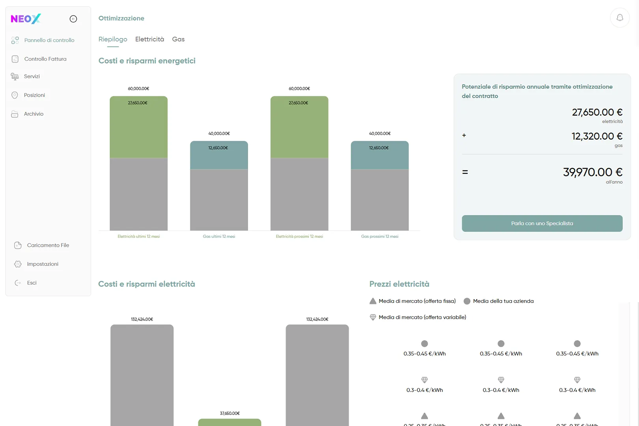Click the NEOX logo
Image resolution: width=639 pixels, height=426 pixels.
(x=26, y=19)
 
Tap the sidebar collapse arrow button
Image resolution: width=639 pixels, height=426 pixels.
(x=73, y=19)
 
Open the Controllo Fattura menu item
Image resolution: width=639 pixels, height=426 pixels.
(x=45, y=59)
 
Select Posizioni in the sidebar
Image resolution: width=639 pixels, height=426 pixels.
(x=34, y=95)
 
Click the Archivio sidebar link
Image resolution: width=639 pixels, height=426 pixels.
(x=34, y=114)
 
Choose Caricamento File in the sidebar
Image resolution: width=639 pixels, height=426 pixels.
(x=48, y=245)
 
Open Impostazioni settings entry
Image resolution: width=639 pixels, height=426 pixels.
(x=43, y=264)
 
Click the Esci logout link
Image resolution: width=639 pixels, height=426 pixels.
(x=32, y=283)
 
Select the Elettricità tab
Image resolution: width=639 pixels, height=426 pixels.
(x=149, y=39)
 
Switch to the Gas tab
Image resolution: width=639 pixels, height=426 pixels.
(x=178, y=39)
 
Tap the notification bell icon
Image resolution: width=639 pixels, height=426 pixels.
(x=620, y=18)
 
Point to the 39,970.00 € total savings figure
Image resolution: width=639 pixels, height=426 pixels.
(x=592, y=172)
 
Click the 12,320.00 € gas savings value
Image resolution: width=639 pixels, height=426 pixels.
(x=597, y=136)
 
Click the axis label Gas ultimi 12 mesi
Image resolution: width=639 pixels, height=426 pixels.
(x=219, y=237)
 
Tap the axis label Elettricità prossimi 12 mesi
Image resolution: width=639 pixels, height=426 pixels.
(x=299, y=237)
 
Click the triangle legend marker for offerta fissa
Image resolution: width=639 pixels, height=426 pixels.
(x=373, y=301)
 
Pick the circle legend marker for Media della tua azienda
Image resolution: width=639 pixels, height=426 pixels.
(x=467, y=301)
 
